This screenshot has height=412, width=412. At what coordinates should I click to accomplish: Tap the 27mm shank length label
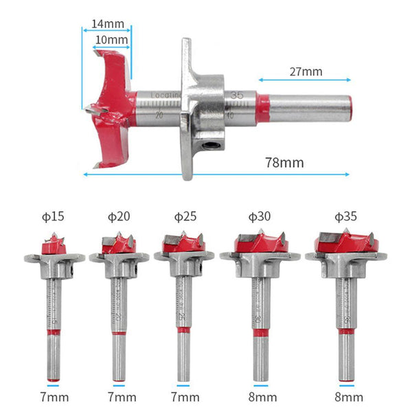click(306, 71)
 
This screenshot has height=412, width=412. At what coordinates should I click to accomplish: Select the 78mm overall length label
click(284, 162)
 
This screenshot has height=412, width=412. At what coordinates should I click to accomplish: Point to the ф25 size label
click(183, 217)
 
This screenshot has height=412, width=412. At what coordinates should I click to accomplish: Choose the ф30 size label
click(259, 217)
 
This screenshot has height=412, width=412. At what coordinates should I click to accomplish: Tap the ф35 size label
click(345, 217)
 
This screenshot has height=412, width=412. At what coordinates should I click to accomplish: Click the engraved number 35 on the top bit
click(238, 95)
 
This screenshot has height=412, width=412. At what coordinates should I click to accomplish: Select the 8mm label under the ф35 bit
click(345, 397)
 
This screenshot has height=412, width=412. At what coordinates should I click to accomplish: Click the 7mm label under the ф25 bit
click(185, 397)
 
